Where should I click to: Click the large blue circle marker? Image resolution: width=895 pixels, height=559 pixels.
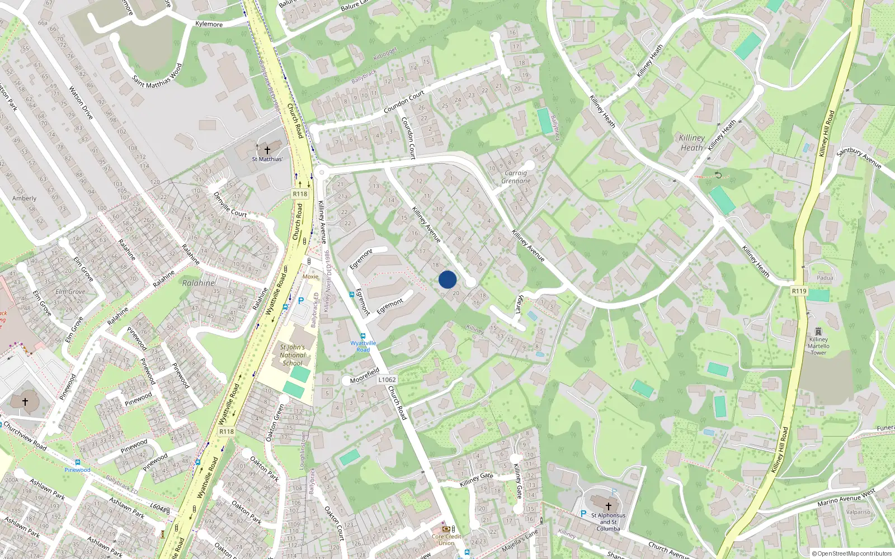point(447,279)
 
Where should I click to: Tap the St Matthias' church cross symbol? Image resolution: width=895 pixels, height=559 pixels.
point(267,150)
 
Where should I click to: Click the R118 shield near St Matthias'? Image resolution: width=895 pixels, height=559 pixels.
point(300,194)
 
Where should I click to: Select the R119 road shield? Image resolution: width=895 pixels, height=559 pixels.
point(799,291)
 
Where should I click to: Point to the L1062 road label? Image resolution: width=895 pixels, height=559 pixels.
point(387,380)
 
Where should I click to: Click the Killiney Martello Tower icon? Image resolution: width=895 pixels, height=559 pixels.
point(818,331)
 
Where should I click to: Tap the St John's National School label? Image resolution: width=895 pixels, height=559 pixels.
point(293,355)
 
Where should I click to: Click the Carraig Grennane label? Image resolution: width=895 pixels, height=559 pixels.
point(516,177)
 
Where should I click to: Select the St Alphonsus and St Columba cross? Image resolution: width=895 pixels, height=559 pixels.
point(609,506)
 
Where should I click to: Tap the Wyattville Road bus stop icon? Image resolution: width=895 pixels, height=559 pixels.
point(362,336)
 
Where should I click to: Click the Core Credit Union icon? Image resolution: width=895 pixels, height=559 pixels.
point(446,529)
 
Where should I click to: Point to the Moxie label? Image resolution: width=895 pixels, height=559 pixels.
point(310,276)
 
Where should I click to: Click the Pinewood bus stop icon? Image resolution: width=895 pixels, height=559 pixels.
point(77,462)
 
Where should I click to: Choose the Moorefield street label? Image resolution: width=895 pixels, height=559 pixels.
point(365,376)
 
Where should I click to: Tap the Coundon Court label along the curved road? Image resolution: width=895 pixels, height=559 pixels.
point(404,101)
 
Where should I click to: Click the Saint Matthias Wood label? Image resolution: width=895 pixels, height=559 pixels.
point(157,76)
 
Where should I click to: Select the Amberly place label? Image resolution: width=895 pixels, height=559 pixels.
point(25,198)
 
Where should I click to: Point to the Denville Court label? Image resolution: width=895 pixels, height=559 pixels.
point(230,205)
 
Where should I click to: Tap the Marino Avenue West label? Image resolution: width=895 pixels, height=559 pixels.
point(846,498)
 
